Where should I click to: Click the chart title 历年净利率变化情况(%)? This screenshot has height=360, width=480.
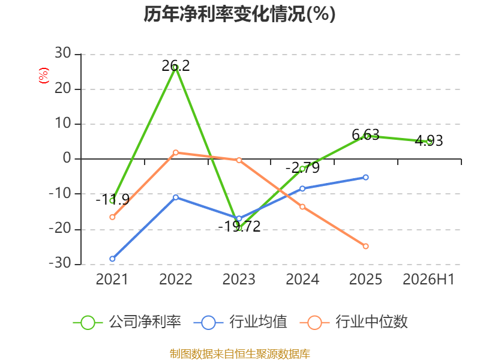click(239, 14)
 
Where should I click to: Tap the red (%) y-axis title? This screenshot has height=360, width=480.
click(43, 76)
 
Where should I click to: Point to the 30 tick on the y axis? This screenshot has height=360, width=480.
click(63, 53)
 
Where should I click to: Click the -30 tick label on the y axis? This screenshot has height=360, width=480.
click(60, 263)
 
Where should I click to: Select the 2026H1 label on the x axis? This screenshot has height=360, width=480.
click(428, 280)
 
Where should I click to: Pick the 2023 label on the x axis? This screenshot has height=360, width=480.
click(239, 280)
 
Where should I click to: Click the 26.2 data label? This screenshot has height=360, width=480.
click(176, 66)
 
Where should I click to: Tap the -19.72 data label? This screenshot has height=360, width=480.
click(239, 227)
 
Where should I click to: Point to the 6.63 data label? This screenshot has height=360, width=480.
click(365, 134)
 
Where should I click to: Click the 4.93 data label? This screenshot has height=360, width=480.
click(429, 141)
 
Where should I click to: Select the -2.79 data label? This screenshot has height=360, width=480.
click(302, 168)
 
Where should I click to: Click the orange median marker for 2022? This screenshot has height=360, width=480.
click(176, 152)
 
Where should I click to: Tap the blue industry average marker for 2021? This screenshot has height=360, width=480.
click(112, 259)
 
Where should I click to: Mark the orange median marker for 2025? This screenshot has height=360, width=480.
click(365, 246)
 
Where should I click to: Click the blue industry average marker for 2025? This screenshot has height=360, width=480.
click(365, 177)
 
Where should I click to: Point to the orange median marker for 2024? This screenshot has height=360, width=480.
click(302, 207)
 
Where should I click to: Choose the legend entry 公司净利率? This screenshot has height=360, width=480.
click(127, 322)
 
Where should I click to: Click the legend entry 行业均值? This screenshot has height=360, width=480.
click(241, 322)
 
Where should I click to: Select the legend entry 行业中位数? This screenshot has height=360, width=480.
click(354, 322)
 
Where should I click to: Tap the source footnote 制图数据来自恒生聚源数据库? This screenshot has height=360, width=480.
click(240, 354)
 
